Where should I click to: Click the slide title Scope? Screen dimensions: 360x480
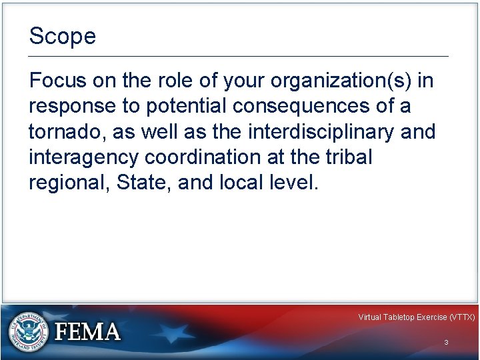(63, 36)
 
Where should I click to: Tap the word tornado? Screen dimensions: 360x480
(67, 132)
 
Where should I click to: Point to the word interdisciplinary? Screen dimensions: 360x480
(322, 132)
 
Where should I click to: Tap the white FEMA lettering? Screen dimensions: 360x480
(87, 331)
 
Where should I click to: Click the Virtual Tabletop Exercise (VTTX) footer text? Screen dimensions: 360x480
(416, 317)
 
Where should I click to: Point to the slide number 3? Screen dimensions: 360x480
(446, 342)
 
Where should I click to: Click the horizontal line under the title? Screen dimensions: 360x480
(239, 57)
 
